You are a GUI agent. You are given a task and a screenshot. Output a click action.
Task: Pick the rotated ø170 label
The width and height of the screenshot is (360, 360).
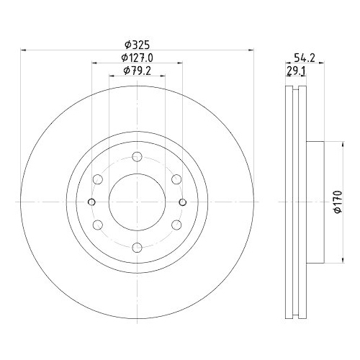336,202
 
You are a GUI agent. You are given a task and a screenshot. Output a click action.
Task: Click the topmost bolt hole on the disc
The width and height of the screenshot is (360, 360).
137,156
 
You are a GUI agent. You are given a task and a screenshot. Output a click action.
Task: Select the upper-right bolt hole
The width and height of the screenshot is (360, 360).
176,179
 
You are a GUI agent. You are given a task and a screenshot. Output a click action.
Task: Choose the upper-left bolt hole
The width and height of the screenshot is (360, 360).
97,179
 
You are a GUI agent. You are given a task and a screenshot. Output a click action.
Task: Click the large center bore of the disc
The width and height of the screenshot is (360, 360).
137,202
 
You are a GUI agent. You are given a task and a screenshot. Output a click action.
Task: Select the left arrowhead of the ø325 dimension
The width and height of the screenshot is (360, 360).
23,50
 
